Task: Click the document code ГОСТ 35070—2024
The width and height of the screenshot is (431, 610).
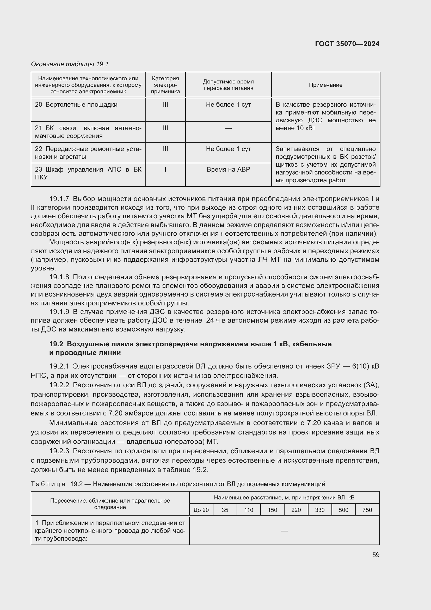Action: (347, 44)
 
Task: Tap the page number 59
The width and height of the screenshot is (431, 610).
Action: (375, 555)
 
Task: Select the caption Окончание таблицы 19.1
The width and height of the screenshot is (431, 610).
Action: (70, 64)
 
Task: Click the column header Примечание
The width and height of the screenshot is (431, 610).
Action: (325, 85)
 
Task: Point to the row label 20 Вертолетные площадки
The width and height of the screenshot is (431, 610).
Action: (76, 105)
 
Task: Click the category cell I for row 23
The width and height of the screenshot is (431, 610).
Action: (165, 170)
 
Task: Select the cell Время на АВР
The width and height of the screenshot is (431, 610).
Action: (228, 170)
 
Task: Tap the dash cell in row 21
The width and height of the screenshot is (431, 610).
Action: (228, 128)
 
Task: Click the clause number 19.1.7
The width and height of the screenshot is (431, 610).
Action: (59, 199)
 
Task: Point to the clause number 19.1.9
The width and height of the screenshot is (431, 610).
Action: (59, 312)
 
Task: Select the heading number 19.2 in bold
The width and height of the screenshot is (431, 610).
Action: (56, 344)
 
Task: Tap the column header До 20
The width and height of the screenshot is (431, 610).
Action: (201, 510)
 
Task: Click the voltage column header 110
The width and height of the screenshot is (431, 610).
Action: (248, 510)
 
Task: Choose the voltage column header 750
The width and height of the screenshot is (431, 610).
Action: (367, 510)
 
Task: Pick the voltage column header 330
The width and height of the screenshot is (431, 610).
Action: (319, 510)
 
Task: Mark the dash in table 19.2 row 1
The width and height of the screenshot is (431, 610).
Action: (284, 530)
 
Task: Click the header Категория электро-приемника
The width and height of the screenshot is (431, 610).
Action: (165, 85)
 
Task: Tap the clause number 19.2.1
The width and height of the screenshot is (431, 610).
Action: (59, 366)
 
